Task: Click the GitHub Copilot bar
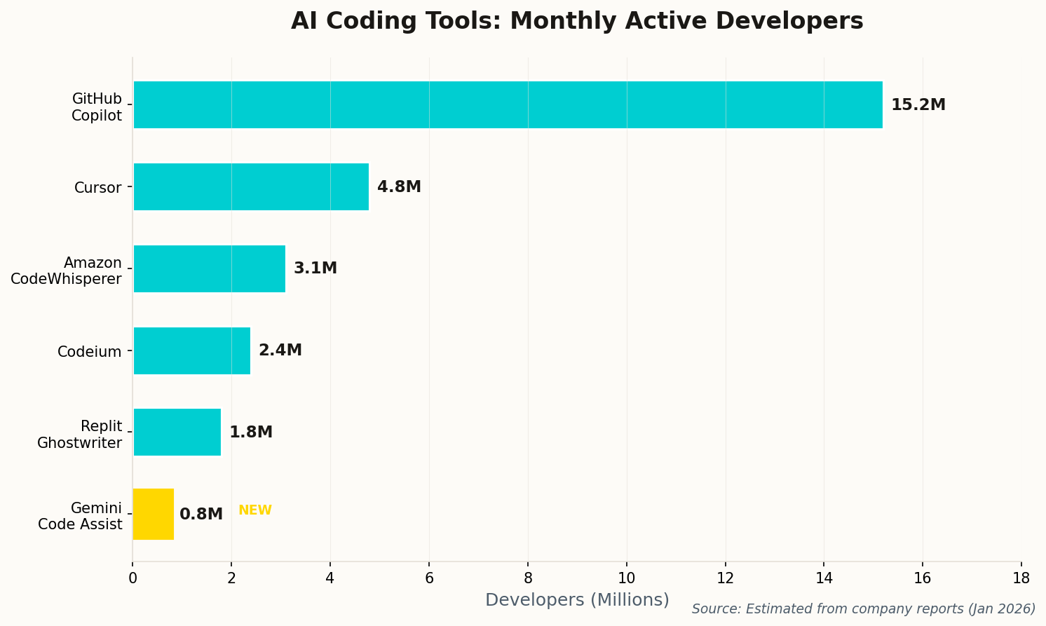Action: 508,104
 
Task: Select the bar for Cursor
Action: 251,186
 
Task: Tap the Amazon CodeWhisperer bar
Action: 209,268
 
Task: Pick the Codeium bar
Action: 191,351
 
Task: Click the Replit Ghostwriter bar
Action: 177,432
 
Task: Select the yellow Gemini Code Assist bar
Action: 153,514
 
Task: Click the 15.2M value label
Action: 918,105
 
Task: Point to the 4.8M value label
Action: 399,187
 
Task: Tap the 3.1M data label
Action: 315,268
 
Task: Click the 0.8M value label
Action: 201,515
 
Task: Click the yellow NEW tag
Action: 255,510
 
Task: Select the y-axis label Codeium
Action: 89,352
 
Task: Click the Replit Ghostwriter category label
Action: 79,435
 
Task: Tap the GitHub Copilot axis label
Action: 97,107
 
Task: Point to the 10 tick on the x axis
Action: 626,578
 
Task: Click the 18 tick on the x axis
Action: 1021,578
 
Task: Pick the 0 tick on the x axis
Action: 133,578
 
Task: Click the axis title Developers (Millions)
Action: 577,600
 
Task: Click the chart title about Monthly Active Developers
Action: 577,21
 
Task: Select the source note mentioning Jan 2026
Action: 863,609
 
